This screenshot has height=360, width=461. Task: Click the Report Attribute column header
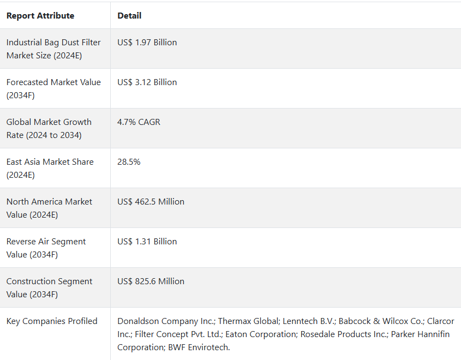tap(40, 16)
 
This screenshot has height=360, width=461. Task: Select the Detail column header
tap(129, 16)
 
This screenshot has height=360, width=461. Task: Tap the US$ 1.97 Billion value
tap(147, 43)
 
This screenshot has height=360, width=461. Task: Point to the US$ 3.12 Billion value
tap(147, 82)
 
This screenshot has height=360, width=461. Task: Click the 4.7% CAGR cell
tap(139, 122)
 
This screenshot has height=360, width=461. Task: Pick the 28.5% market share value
tap(128, 162)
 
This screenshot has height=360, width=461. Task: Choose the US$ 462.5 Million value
tap(151, 202)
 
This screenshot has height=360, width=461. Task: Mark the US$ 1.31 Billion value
tap(147, 242)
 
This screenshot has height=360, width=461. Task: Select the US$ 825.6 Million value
tap(151, 281)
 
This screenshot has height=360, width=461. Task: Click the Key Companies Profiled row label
tap(52, 321)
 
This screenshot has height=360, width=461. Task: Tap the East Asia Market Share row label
tap(50, 169)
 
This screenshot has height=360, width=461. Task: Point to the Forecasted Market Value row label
tap(53, 89)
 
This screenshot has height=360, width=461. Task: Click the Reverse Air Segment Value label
tap(46, 248)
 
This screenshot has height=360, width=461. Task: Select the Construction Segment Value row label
tap(50, 288)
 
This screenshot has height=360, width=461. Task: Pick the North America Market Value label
tap(49, 208)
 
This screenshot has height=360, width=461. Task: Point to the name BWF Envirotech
tap(199, 347)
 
